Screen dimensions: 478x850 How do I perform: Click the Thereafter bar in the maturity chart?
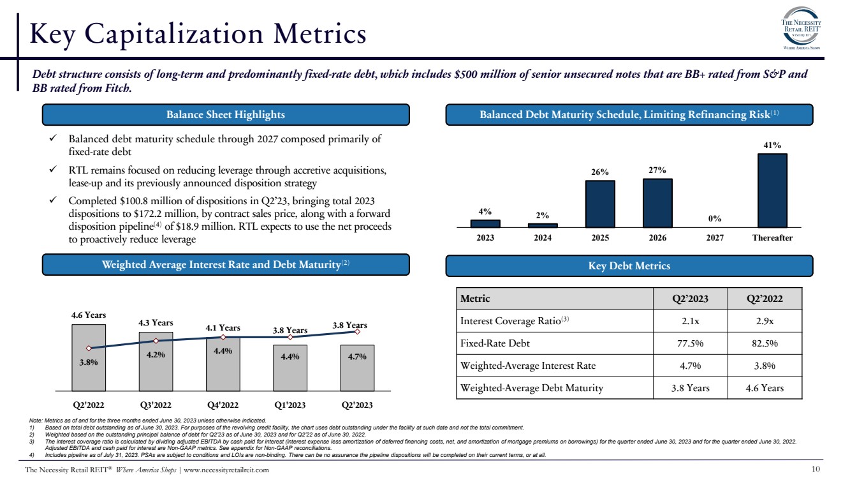tap(772, 190)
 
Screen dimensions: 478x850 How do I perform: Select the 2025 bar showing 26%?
tap(600, 204)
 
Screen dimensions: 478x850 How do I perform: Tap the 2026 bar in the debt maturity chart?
tap(657, 203)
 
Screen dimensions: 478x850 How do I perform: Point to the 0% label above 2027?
tap(714, 218)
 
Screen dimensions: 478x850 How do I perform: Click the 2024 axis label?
tap(543, 237)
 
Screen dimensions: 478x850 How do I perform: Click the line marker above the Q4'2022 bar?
tap(223, 337)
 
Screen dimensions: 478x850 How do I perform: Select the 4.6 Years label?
tap(89, 315)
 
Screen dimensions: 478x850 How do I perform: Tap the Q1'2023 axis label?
tap(290, 405)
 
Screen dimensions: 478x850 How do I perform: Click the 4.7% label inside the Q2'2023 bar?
tap(357, 357)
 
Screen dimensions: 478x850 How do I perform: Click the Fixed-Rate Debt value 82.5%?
tap(765, 343)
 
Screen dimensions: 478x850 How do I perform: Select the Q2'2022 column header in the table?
tap(765, 298)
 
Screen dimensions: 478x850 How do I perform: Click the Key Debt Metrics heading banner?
tap(629, 265)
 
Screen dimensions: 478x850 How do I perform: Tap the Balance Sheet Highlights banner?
tap(226, 115)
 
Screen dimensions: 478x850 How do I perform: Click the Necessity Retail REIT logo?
tap(800, 29)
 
